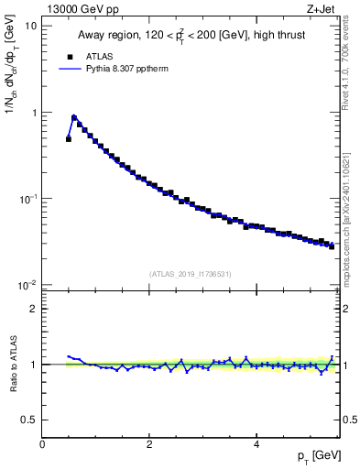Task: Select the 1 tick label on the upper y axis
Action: click(34, 113)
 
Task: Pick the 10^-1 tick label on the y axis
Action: click(28, 198)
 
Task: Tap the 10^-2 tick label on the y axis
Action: click(28, 284)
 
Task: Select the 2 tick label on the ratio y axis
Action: click(34, 309)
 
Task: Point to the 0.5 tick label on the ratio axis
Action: click(30, 420)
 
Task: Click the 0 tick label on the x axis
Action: click(42, 445)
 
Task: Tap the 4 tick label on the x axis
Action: click(256, 445)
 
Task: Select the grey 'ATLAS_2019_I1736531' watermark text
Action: click(191, 274)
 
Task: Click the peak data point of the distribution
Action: click(74, 117)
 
